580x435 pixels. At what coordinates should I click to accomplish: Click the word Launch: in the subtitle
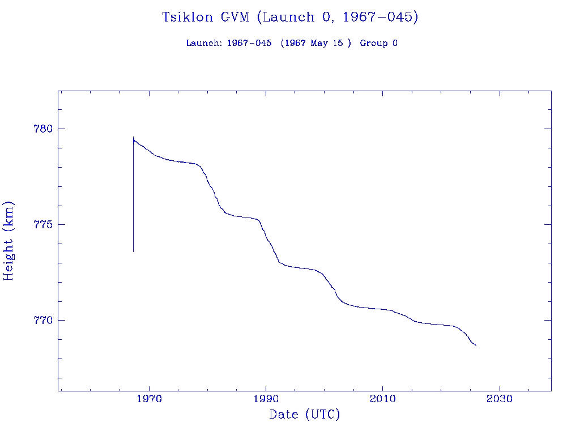(204, 44)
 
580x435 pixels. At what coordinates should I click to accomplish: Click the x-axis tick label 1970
(149, 399)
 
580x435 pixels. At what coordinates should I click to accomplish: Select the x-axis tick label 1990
(266, 399)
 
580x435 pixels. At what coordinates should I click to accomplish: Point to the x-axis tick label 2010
(382, 399)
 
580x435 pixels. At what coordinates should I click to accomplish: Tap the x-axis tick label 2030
(499, 399)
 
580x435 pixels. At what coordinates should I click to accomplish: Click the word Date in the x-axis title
(284, 415)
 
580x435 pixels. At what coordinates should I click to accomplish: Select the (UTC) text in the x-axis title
(322, 415)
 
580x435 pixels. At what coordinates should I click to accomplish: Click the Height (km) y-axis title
(8, 241)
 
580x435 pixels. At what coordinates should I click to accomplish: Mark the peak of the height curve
(133, 137)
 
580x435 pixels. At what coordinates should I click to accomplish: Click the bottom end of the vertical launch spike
(133, 251)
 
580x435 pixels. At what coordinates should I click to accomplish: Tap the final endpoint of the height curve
(476, 345)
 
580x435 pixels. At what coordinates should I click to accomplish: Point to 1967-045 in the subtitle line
(245, 44)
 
